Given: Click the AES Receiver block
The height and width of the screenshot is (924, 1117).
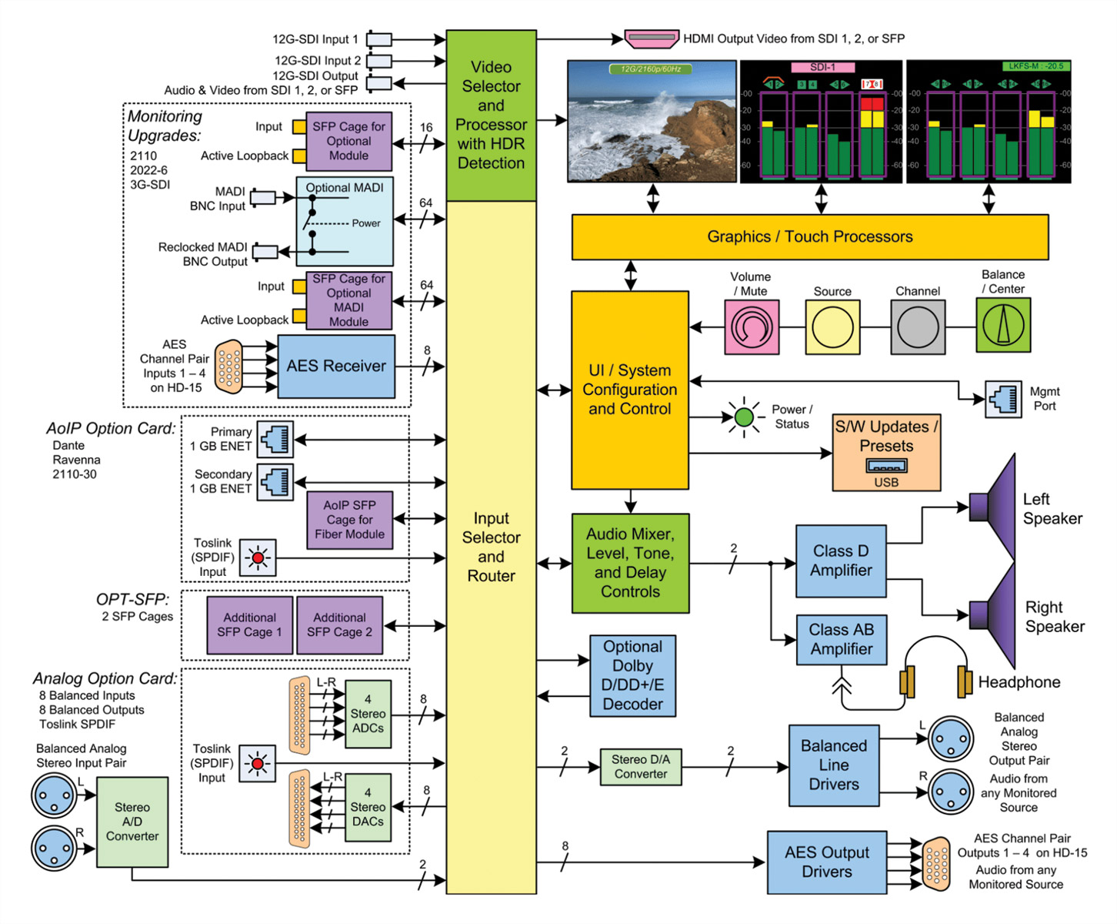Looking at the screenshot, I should pos(336,367).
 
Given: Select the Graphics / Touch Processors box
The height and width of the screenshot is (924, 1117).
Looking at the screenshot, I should pos(809,237).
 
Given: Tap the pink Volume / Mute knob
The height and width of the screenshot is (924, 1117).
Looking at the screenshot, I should pos(751,327).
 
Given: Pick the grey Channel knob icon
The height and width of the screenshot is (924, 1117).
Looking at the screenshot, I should pos(918,327).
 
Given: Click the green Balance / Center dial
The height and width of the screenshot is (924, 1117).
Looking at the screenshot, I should pos(1003,326).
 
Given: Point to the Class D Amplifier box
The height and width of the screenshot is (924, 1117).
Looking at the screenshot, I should pos(841,561).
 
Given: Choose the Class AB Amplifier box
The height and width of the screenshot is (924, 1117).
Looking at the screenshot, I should pos(841,639).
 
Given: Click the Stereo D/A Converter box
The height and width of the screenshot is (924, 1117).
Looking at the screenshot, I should pos(640,767).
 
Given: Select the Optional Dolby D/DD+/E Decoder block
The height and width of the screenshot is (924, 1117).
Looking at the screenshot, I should pos(632,676).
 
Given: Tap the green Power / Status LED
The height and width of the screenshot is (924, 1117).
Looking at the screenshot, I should pos(744,417).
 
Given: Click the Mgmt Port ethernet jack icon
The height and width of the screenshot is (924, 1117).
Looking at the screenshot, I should pos(1003,399).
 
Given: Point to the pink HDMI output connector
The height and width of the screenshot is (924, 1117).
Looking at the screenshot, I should pos(652,38).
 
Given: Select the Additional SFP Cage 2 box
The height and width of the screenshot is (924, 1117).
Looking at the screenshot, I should pos(339,624).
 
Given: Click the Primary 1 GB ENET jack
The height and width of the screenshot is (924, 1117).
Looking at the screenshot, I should pos(275,440).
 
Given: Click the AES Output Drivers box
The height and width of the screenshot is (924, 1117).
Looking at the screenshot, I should pos(826,862).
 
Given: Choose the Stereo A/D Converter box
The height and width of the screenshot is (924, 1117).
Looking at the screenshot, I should pos(132,822).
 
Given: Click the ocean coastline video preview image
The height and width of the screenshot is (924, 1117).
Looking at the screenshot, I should pos(652,122).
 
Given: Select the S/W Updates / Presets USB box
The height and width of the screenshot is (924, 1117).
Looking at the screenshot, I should pos(886,453).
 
